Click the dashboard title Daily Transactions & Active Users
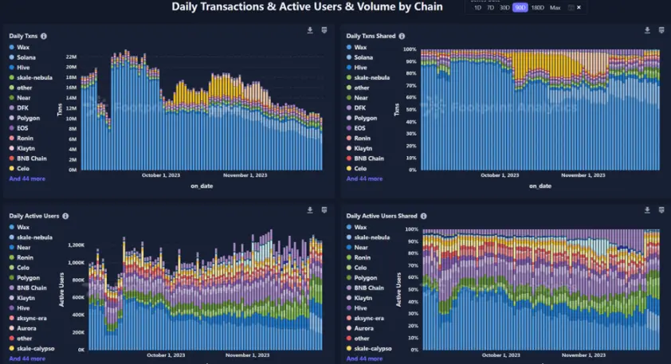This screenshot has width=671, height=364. [x=319, y=7]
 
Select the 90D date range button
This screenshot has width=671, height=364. [x=520, y=7]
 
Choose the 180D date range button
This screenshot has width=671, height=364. [x=538, y=7]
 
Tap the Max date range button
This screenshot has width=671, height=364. [x=555, y=7]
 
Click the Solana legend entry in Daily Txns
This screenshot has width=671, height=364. [x=29, y=57]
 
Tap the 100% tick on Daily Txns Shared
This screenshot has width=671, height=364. [x=410, y=49]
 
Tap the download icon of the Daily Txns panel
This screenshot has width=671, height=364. [x=309, y=30]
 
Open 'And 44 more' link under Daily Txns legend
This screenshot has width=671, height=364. [x=27, y=179]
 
